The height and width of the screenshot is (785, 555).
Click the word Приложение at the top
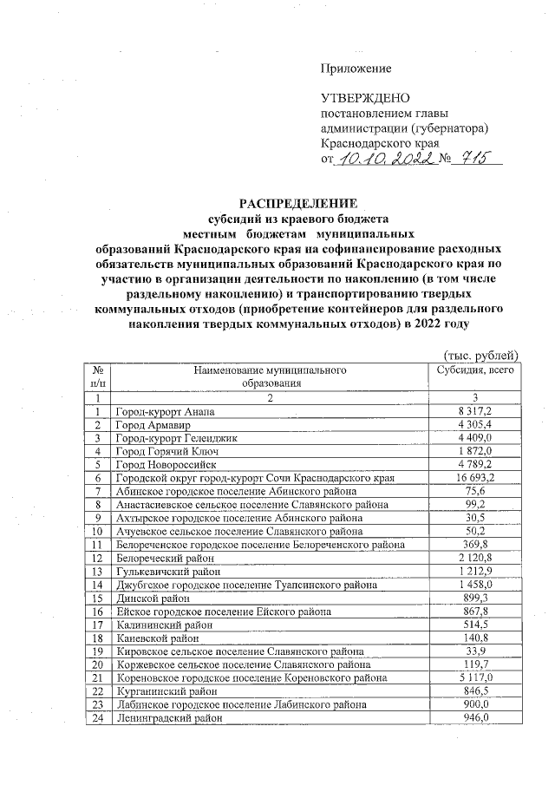point(356,69)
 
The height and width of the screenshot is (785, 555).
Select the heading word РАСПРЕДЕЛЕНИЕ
point(298,204)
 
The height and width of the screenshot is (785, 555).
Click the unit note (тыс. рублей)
point(480,357)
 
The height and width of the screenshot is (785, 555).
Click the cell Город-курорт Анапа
point(164,411)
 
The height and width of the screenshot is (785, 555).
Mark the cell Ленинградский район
point(165,718)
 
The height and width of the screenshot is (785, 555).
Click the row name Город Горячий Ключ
point(165,451)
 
